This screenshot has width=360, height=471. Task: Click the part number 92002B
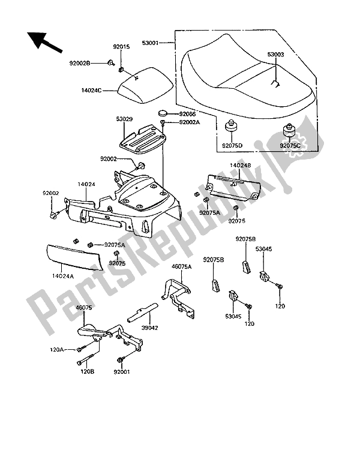[95, 62]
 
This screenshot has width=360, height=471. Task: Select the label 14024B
[240, 163]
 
